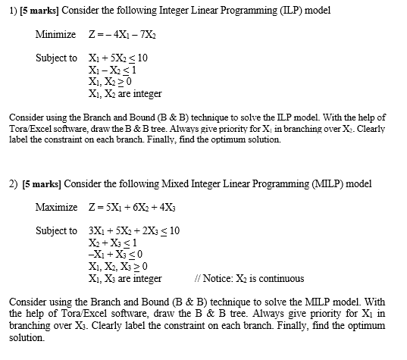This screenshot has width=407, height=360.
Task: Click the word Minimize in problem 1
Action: pyautogui.click(x=55, y=35)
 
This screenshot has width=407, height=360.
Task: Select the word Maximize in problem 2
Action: pyautogui.click(x=56, y=207)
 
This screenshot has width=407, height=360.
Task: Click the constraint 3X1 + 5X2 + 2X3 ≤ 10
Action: pyautogui.click(x=133, y=230)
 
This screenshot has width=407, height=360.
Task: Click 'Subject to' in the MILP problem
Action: pyautogui.click(x=56, y=230)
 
